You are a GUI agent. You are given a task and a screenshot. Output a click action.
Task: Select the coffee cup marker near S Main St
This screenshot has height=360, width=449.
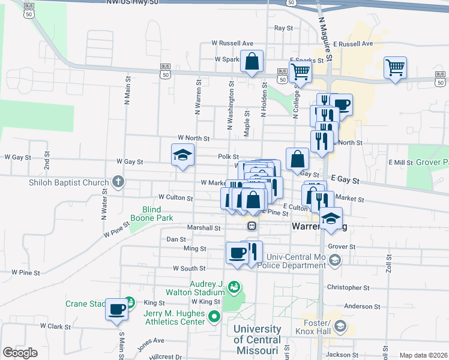[x=117, y=310]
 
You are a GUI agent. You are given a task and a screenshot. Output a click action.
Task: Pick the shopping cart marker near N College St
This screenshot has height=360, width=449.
[x=300, y=72]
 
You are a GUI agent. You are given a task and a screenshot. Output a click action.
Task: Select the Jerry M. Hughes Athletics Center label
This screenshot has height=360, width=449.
[x=174, y=317]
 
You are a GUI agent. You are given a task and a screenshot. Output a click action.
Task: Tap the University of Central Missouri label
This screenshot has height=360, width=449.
[x=258, y=340]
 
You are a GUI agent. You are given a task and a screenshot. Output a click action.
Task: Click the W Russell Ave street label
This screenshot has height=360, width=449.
[x=232, y=43]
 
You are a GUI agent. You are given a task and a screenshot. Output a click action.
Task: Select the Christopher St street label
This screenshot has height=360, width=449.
[x=349, y=288]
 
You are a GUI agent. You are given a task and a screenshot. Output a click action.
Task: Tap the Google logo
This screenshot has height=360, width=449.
[x=20, y=353]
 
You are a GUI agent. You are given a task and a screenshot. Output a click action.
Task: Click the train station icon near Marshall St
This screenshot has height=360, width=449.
[x=252, y=227]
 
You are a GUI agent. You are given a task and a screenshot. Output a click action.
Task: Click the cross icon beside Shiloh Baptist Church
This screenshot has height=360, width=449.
[x=118, y=182]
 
